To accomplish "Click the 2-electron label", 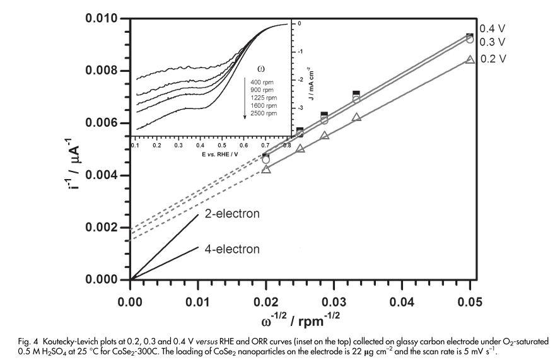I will [232, 214].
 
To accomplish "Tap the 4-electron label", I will [232, 249].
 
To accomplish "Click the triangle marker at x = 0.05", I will [469, 59].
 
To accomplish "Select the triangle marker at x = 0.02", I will [266, 169].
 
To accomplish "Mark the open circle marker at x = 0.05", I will [469, 39].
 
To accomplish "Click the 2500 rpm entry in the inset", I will [263, 114].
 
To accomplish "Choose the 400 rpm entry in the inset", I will [262, 82].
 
